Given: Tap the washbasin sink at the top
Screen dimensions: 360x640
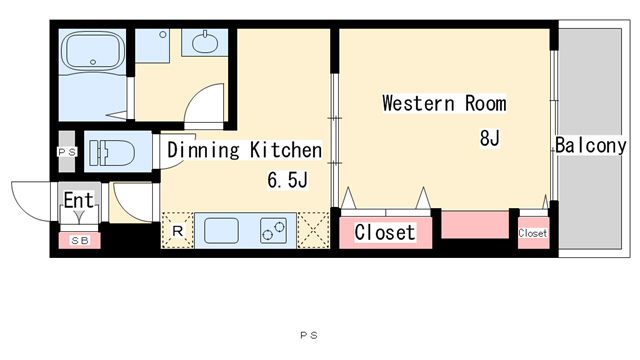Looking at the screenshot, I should point(206,43).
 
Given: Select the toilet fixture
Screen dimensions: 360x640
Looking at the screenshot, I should point(103,153).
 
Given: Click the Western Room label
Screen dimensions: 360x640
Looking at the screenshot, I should point(444,103).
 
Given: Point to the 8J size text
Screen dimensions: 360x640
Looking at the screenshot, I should point(489,139).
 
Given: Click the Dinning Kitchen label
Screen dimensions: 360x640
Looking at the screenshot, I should point(244,151).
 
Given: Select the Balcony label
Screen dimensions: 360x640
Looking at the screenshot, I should point(591,146).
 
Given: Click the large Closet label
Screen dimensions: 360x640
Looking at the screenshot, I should point(384,232).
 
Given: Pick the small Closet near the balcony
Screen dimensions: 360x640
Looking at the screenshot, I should point(533,233).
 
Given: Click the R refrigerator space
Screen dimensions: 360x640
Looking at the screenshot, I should point(177,232).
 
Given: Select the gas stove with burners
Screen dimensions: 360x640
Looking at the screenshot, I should point(274,231).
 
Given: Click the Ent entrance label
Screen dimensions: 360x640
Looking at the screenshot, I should point(78,200).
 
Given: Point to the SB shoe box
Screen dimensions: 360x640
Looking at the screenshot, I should point(78,240).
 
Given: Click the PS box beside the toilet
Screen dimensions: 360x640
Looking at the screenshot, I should point(67,151).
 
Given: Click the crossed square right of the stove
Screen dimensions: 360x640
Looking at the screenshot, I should point(314,231).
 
